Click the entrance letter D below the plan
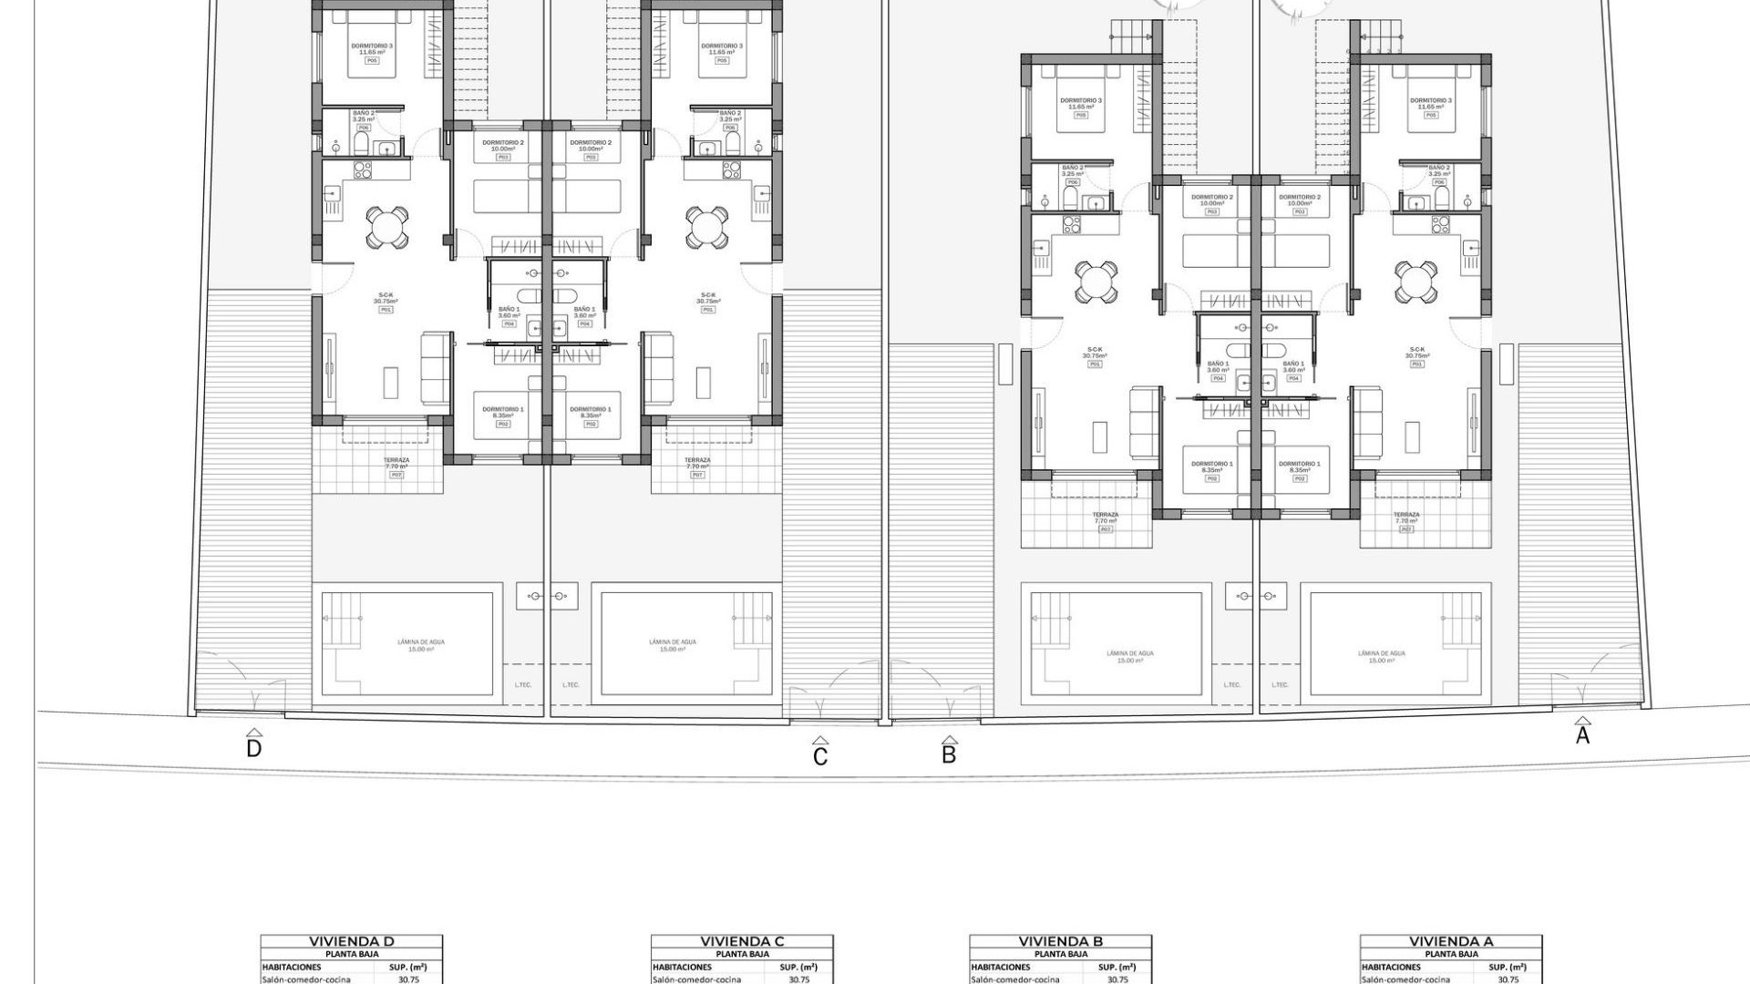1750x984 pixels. point(254,749)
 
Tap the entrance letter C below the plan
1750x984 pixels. point(820,756)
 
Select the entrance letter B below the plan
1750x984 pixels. point(949,754)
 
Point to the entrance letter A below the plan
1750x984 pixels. point(1582,735)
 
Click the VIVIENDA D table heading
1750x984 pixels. point(351,941)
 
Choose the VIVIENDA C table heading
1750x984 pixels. point(742,941)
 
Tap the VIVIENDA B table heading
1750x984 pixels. point(1060,941)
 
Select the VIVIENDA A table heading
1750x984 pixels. point(1451,941)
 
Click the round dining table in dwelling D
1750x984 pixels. point(387,227)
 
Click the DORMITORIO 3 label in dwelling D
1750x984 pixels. point(372,46)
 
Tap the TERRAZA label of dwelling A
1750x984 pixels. point(1406,515)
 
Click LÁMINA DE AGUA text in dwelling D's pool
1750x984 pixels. point(421,642)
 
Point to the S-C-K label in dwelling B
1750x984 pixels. point(1095,350)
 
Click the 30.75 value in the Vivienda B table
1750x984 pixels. point(1117,979)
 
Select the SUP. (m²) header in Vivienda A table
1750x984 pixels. point(1508,967)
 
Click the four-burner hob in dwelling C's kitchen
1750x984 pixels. point(731,169)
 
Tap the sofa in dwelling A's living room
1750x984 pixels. point(1366,422)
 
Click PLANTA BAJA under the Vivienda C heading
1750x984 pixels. point(742,954)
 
